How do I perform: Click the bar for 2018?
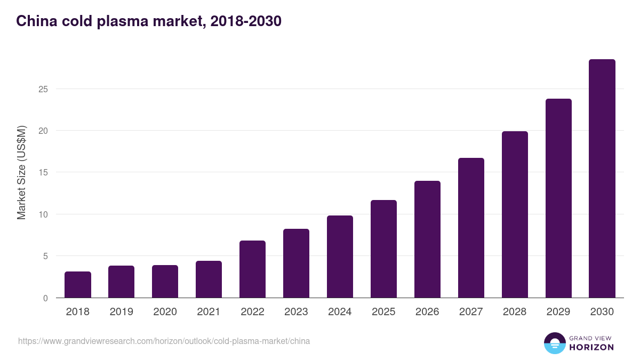pyautogui.click(x=78, y=285)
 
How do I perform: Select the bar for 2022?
pyautogui.click(x=252, y=269)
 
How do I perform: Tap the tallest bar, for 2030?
pyautogui.click(x=602, y=179)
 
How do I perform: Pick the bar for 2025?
pyautogui.click(x=383, y=249)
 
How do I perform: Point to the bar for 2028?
pyautogui.click(x=515, y=214)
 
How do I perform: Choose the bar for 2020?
pyautogui.click(x=165, y=282)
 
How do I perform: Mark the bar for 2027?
pyautogui.click(x=471, y=228)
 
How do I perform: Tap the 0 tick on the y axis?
pyautogui.click(x=45, y=298)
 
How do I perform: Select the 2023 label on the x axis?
pyautogui.click(x=296, y=312)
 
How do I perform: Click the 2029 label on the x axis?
pyautogui.click(x=558, y=312)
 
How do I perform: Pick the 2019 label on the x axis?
pyautogui.click(x=121, y=312)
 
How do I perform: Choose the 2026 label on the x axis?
pyautogui.click(x=427, y=312)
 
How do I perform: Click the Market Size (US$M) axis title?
pyautogui.click(x=21, y=172)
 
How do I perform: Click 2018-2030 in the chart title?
pyautogui.click(x=246, y=21)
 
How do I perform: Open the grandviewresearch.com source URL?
pyautogui.click(x=164, y=341)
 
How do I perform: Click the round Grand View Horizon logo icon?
pyautogui.click(x=555, y=343)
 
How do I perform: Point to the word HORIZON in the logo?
pyautogui.click(x=591, y=347)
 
